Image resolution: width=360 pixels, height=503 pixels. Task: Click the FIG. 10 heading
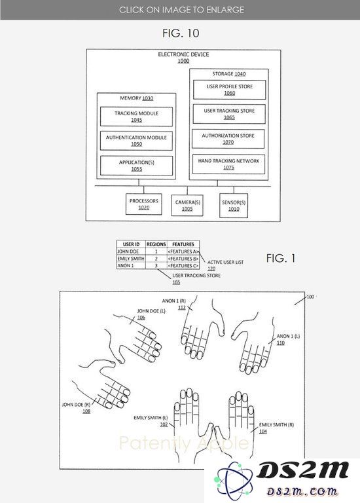coord(181,33)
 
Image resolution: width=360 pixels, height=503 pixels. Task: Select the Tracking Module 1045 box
coord(136,117)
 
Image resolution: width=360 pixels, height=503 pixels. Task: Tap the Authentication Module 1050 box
coord(136,141)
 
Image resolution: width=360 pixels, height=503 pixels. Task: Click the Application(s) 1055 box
coord(136,166)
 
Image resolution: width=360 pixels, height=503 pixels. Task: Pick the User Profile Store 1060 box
coord(229,90)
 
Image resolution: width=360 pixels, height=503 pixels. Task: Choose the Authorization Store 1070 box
coord(228,139)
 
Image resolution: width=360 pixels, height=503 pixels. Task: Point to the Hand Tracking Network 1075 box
coord(228,164)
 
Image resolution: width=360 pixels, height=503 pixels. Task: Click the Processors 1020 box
coord(143,204)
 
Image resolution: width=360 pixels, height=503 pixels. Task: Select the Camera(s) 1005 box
coord(187,205)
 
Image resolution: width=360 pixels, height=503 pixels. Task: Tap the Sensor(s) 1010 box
coord(234,205)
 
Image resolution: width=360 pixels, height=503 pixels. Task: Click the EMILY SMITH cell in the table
coord(131,259)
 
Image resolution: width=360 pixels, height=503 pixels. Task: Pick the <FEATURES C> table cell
coord(183,266)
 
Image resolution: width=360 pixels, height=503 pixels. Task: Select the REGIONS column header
coord(156,244)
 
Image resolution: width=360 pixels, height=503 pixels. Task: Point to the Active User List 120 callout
coord(225,265)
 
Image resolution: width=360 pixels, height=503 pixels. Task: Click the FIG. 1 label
coord(281,258)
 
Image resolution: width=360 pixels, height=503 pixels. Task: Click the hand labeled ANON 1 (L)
coord(253,346)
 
